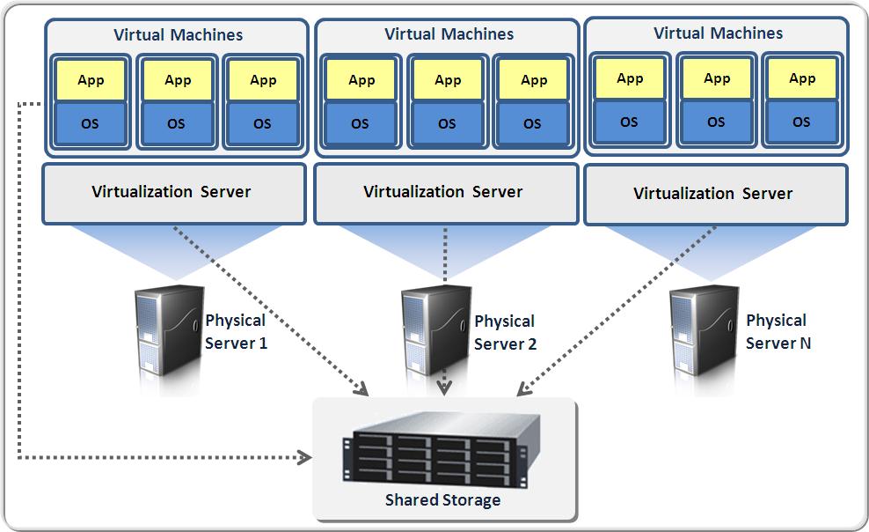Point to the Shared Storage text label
(442, 500)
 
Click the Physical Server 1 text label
(236, 331)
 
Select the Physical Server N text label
(778, 331)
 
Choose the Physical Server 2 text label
(505, 332)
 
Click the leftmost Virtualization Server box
(173, 192)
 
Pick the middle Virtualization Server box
(444, 192)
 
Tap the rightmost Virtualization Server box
(714, 193)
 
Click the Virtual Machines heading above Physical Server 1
(178, 35)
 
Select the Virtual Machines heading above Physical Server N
(718, 33)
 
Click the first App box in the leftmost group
(91, 81)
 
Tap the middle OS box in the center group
(447, 123)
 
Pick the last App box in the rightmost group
(802, 79)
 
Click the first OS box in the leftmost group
(90, 123)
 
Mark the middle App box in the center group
(448, 81)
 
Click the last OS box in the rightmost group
(801, 122)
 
